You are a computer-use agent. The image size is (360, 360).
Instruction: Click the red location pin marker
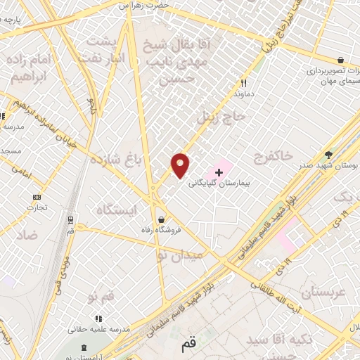click(181, 165)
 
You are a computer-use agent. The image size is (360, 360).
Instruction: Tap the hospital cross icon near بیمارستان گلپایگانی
click(219, 172)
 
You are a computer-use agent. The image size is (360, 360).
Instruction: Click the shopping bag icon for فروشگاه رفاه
click(162, 219)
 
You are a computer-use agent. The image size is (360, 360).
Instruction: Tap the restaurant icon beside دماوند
click(243, 83)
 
